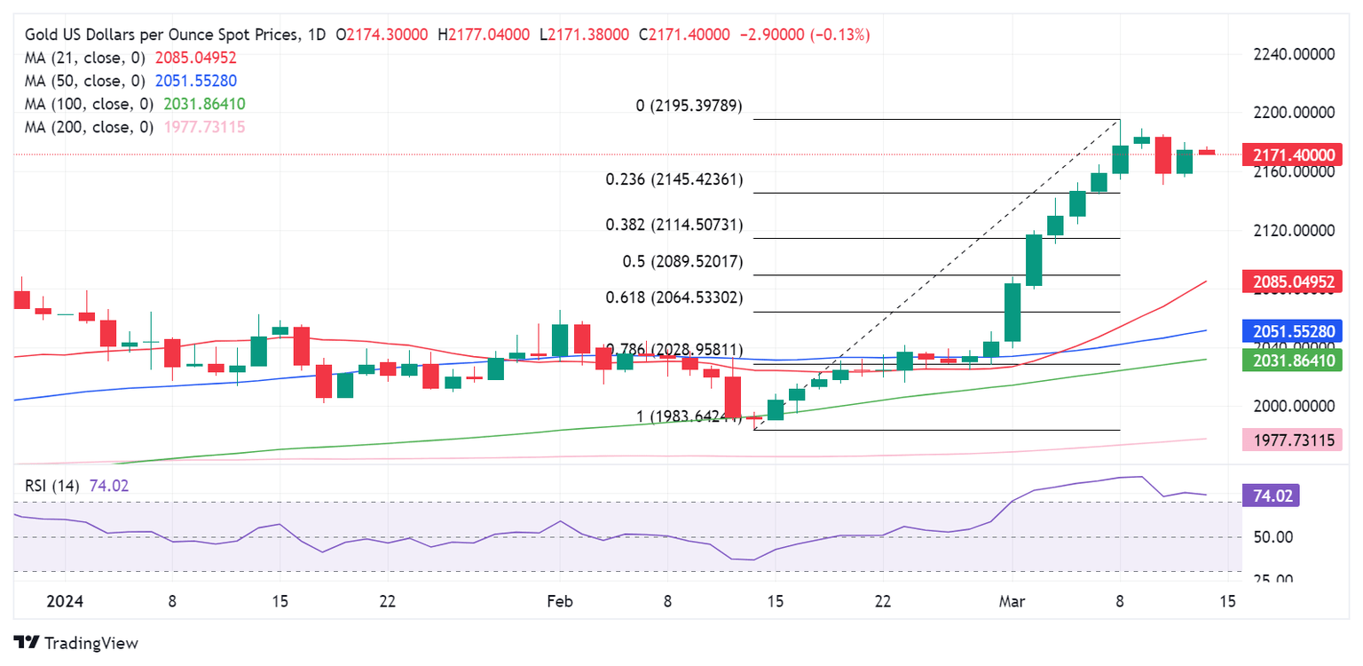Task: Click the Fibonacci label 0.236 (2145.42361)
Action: (674, 179)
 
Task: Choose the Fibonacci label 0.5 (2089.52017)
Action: (681, 262)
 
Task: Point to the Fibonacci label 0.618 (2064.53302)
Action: (674, 297)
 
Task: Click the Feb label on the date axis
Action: (559, 601)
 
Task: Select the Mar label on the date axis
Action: (1012, 601)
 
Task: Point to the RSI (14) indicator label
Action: (51, 486)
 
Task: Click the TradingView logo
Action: (76, 642)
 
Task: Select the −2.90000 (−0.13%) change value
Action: (804, 35)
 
